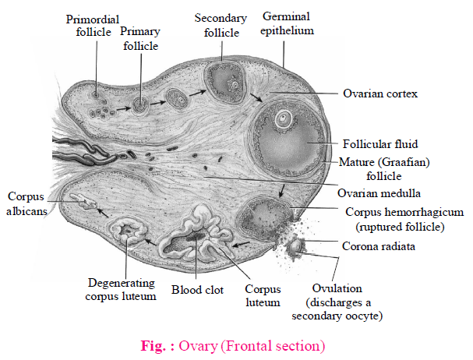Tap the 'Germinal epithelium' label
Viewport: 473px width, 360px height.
pyautogui.click(x=288, y=23)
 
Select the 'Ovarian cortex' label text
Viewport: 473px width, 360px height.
pyautogui.click(x=380, y=94)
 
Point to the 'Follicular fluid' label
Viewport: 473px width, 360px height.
pyautogui.click(x=380, y=144)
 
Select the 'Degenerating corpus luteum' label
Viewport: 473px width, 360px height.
pyautogui.click(x=121, y=289)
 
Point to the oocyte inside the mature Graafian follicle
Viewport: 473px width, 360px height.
pyautogui.click(x=285, y=120)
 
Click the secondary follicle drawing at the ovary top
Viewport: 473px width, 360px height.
pyautogui.click(x=224, y=80)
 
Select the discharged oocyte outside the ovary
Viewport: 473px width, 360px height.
pyautogui.click(x=297, y=247)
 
